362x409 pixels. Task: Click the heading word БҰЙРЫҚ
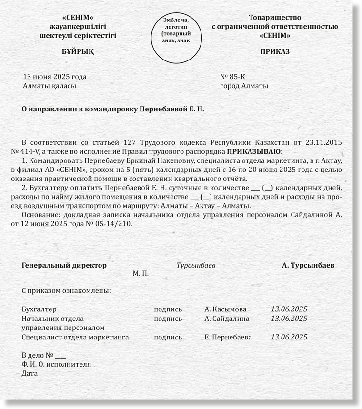(78, 52)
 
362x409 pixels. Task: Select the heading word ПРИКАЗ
(275, 52)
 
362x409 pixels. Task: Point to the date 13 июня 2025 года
(55, 77)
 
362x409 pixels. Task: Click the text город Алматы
(244, 86)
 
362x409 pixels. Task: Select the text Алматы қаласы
(50, 86)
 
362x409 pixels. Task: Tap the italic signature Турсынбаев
(196, 265)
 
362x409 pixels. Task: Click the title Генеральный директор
(64, 265)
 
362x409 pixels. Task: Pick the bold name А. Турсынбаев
(308, 265)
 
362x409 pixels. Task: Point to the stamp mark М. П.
(141, 275)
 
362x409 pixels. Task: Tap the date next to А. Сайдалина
(289, 319)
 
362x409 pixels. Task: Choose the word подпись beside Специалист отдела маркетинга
(168, 337)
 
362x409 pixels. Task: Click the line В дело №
(44, 355)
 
